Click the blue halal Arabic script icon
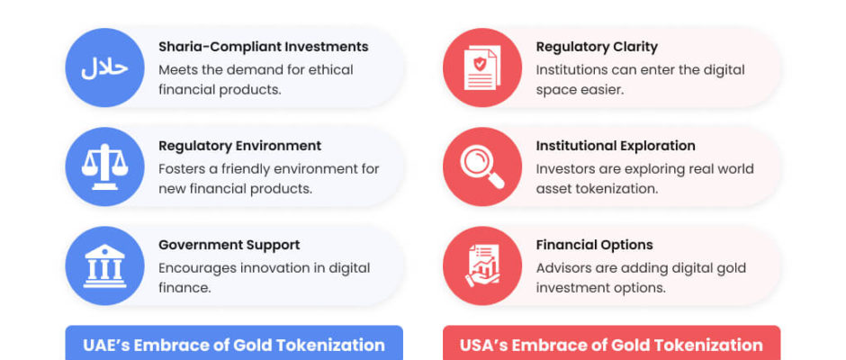104,67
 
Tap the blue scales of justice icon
104,166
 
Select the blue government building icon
104,265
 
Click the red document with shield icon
482,67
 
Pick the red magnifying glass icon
482,166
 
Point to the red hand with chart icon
482,265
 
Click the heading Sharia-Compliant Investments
264,47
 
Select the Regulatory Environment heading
239,146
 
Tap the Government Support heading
229,245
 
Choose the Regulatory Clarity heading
597,47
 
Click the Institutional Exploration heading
616,146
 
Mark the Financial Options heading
595,245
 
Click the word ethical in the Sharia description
331,70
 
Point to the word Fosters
181,169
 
